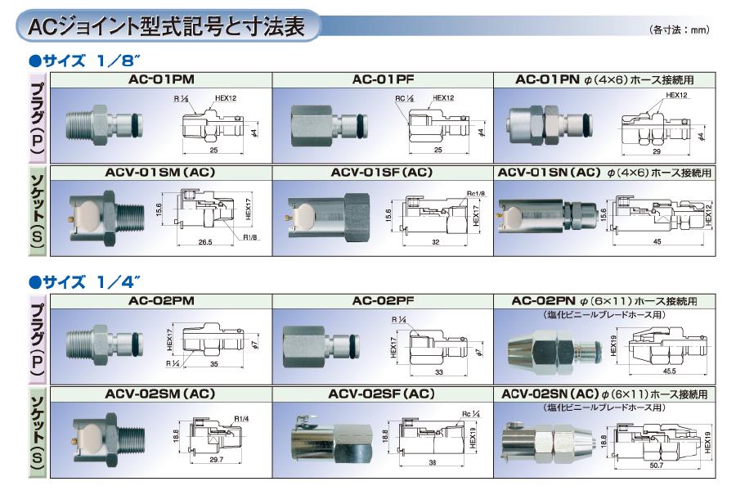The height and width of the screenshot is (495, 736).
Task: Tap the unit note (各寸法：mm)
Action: pos(679,30)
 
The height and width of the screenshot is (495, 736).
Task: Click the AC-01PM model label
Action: pos(160,80)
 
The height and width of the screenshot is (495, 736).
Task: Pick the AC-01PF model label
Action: pos(382,80)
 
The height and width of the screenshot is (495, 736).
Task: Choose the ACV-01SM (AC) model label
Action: pos(160,173)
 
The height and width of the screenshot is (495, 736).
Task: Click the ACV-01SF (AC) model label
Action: pos(382,173)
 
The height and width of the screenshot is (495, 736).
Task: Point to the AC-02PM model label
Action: pos(160,301)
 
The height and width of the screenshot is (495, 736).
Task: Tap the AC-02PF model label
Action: pos(382,301)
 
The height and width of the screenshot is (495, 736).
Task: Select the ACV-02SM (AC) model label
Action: pos(160,394)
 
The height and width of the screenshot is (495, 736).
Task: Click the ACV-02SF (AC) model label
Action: pos(382,394)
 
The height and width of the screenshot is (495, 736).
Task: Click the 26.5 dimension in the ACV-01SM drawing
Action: pos(205,242)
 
